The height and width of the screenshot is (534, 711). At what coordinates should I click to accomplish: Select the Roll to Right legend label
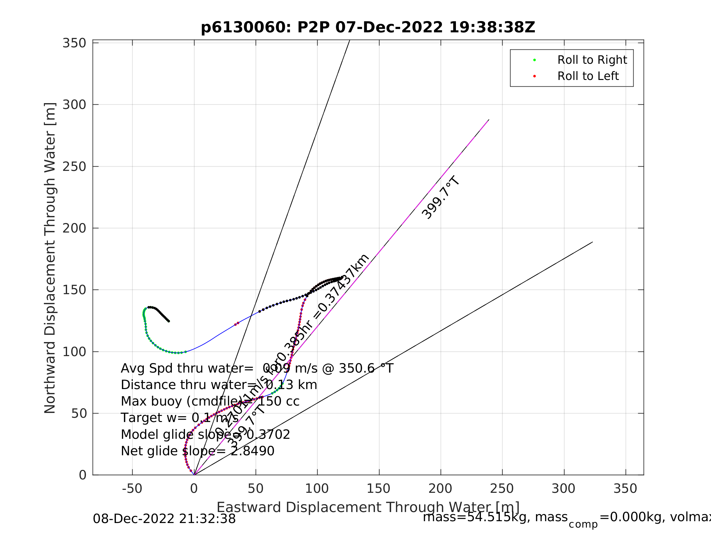pos(592,60)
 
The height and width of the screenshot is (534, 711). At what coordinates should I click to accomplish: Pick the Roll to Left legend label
pos(588,76)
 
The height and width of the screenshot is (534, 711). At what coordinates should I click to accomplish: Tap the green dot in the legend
pos(535,60)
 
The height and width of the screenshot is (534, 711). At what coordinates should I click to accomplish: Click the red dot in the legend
pos(535,76)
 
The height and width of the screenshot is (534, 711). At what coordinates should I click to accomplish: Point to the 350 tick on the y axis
pos(74,43)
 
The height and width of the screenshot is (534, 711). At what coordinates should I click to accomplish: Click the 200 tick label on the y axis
pos(74,228)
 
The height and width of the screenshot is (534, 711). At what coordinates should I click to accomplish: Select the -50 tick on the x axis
pos(132,489)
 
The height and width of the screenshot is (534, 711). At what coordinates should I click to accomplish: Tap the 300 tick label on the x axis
pos(564,489)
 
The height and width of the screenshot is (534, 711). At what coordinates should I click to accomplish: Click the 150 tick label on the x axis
pos(379,489)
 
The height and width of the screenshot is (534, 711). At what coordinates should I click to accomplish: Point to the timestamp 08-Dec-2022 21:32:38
pos(164,519)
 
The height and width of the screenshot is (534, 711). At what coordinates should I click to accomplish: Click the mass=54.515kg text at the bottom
pos(495,517)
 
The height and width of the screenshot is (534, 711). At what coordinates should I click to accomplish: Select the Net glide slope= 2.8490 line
pos(197,451)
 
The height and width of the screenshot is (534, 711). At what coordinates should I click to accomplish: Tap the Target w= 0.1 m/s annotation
pos(180,418)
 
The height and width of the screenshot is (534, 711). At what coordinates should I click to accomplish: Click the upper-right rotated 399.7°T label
pos(441,198)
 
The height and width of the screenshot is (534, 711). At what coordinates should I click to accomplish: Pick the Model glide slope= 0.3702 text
pos(205,435)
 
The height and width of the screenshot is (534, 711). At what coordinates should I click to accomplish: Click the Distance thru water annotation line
pos(219,385)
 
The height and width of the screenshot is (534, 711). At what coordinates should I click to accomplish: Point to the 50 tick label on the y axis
pos(79,413)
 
